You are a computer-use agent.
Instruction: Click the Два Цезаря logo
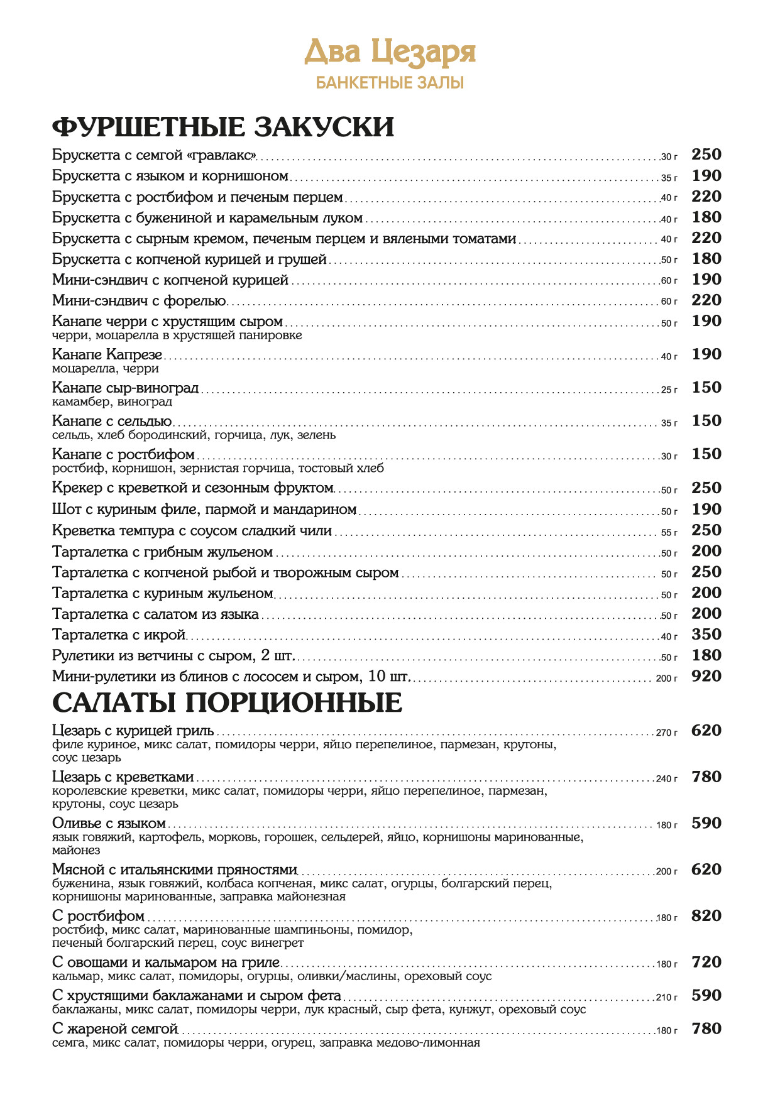coord(390,53)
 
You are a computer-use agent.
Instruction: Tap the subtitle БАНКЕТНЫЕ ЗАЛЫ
coord(390,83)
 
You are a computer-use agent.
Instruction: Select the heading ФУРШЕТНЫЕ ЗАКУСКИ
coord(223,127)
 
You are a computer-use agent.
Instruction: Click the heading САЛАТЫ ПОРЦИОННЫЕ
coord(227,702)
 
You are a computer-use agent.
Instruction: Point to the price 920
coord(706,677)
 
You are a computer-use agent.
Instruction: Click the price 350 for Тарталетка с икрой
coord(706,635)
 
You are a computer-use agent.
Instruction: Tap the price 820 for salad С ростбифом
coord(706,916)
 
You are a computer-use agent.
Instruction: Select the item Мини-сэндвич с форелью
coord(139,301)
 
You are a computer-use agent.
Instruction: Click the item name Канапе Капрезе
coord(107,355)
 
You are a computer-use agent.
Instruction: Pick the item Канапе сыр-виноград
coord(125,388)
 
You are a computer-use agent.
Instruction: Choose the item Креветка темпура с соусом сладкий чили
coord(192,531)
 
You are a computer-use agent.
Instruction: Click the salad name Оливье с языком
coord(109,824)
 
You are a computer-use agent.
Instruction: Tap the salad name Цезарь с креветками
coord(123,778)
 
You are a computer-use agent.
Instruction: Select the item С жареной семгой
coord(115,1029)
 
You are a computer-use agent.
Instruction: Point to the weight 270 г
coord(667,733)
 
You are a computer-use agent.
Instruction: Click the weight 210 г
coord(667,998)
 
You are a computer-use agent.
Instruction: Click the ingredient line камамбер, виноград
coord(112,402)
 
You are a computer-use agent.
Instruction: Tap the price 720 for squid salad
coord(706,963)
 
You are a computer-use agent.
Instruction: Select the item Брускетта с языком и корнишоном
coord(170,176)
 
